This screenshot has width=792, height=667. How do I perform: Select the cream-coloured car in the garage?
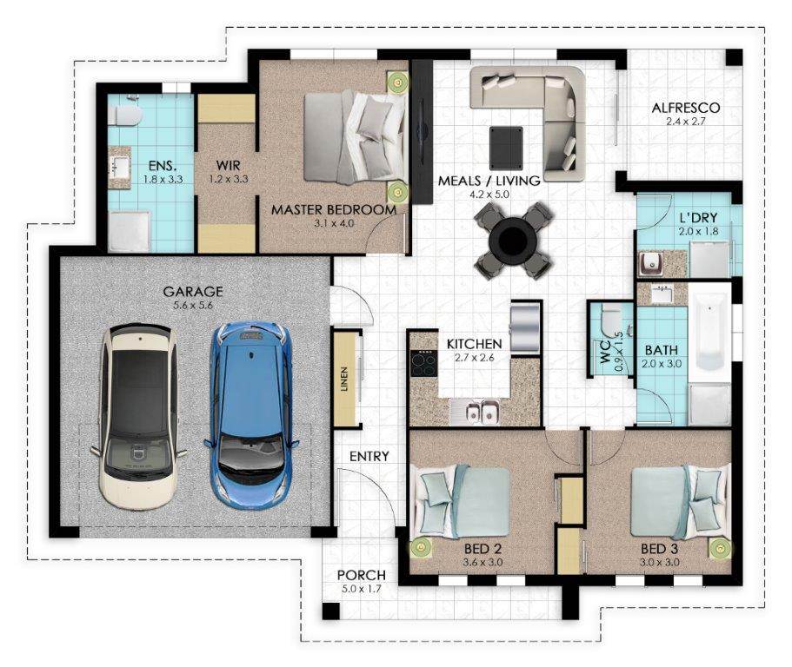138,415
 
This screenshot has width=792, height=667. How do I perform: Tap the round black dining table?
512,241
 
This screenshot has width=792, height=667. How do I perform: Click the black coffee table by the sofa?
506,149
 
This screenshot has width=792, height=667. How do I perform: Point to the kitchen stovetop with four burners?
423,363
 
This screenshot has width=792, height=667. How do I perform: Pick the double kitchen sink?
482,411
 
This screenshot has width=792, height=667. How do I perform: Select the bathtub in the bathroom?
709,332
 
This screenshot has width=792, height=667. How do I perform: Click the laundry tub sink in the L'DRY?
649,262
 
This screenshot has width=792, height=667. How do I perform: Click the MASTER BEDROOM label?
333,210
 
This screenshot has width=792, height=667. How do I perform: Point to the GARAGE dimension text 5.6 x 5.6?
192,305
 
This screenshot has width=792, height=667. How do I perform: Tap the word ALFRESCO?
685,108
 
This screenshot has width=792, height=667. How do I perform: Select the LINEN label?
344,379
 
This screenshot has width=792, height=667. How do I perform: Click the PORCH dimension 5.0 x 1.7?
360,589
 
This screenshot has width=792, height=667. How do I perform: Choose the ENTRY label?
369,456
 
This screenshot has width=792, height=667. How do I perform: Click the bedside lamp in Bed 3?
719,548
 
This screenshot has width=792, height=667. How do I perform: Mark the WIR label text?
229,166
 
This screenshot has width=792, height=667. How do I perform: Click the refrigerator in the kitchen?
525,327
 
